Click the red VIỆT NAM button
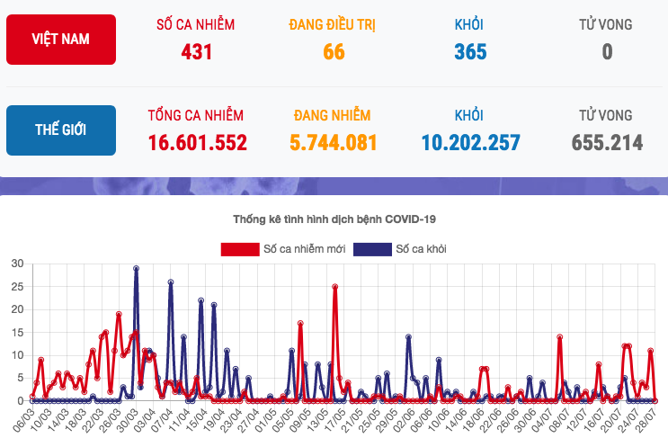coord(61,40)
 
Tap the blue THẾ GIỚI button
coord(61,130)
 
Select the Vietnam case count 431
coord(196,51)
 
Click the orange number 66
coord(334,51)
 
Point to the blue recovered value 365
coord(470,51)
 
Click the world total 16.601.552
coord(197,142)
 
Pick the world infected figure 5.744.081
coord(333,142)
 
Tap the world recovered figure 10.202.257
coord(470,142)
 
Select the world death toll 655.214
coord(607,142)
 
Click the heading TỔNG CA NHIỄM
coord(196,115)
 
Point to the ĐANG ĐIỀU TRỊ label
coord(333,24)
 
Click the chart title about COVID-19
coord(334,219)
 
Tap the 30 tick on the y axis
coord(17,264)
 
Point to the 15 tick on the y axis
coord(17,332)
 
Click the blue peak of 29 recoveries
coord(136,268)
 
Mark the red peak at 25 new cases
coord(334,287)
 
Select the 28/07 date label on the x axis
coord(646,419)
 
